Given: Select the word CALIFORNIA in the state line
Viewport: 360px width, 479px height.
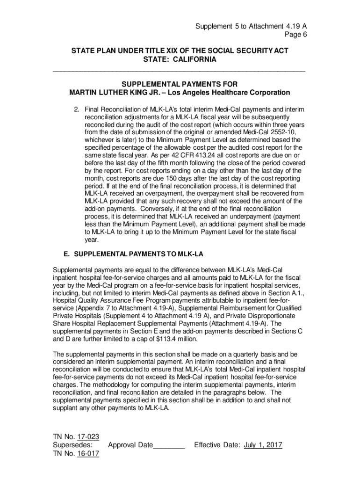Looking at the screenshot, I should (x=192, y=59).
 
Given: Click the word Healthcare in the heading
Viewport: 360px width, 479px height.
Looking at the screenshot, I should (x=238, y=92).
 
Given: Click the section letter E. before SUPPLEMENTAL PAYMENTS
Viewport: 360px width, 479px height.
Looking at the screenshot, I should (x=67, y=254).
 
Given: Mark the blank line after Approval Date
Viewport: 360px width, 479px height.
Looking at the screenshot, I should (x=169, y=445).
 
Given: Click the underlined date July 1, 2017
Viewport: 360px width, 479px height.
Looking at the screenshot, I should (x=263, y=445).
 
